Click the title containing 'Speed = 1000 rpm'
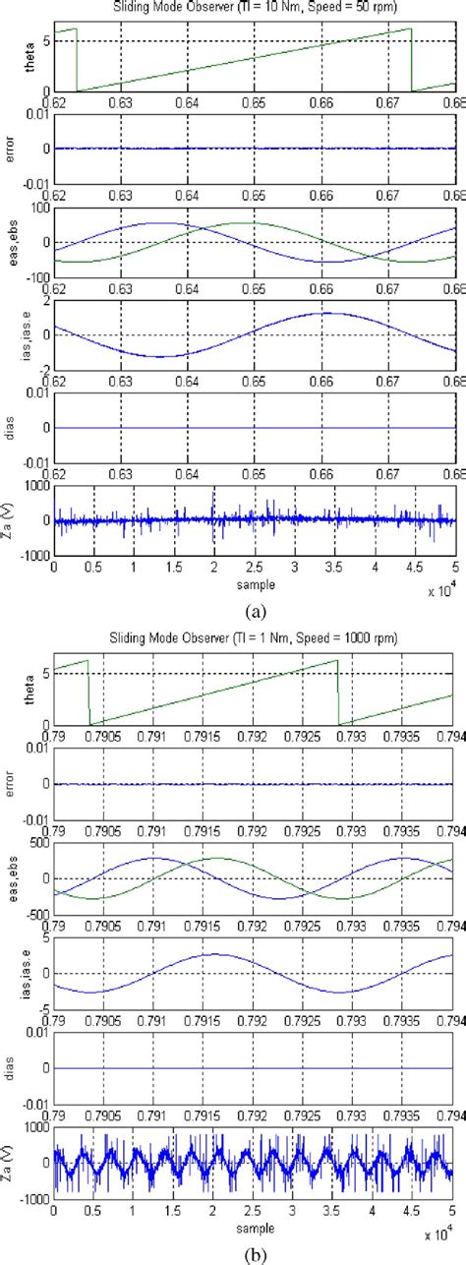(x=255, y=638)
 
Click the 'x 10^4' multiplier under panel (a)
(x=438, y=593)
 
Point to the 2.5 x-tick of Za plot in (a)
(x=255, y=569)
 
